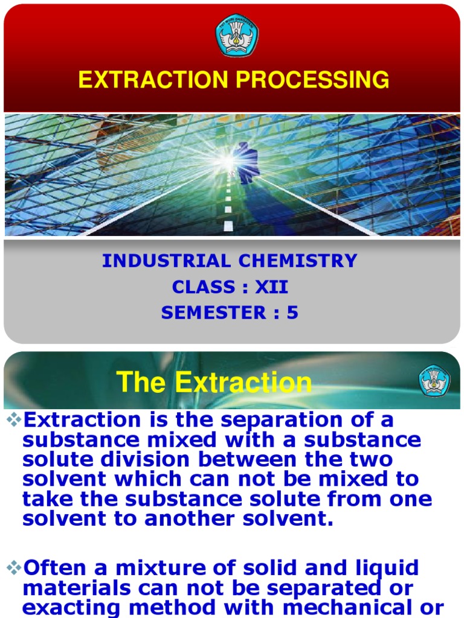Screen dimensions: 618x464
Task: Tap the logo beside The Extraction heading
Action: (x=434, y=381)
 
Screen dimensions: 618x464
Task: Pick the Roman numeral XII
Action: (x=272, y=287)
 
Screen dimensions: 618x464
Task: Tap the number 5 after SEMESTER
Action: (x=292, y=313)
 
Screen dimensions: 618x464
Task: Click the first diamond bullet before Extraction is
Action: (x=12, y=418)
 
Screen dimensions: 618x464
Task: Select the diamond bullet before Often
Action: (x=12, y=567)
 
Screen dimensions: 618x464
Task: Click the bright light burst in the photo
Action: (x=226, y=160)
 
